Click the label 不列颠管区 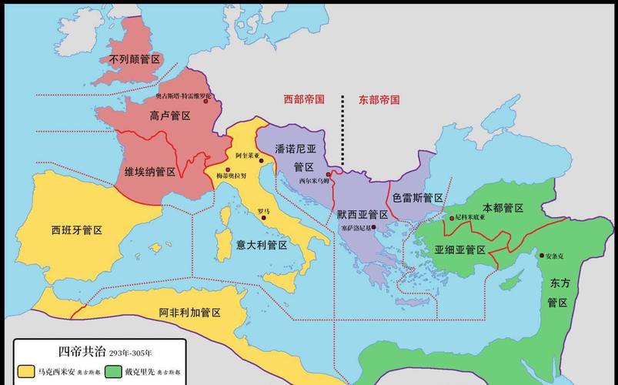pyautogui.click(x=133, y=59)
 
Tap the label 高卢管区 pyautogui.click(x=169, y=115)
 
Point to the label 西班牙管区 pyautogui.click(x=77, y=230)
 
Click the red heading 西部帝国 pyautogui.click(x=304, y=99)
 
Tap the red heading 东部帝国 pyautogui.click(x=379, y=99)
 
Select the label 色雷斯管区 pyautogui.click(x=418, y=198)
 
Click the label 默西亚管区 pyautogui.click(x=362, y=215)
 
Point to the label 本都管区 pyautogui.click(x=503, y=209)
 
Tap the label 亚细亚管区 pyautogui.click(x=459, y=249)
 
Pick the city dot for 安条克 pyautogui.click(x=541, y=256)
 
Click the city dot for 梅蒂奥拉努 pyautogui.click(x=229, y=168)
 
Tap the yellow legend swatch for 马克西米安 pyautogui.click(x=25, y=372)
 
